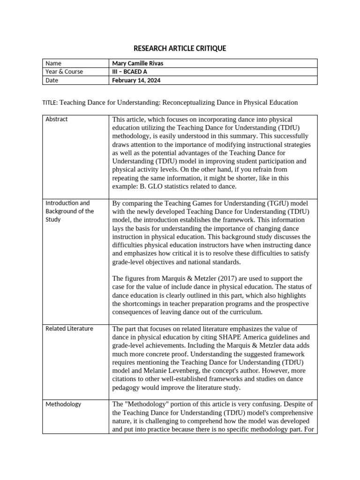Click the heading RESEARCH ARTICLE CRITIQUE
pyautogui.click(x=180, y=48)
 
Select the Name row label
pyautogui.click(x=53, y=63)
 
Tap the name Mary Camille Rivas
pyautogui.click(x=138, y=63)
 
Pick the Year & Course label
pyautogui.click(x=64, y=72)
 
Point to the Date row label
pyautogui.click(x=52, y=80)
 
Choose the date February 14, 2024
pyautogui.click(x=136, y=80)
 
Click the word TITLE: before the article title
pyautogui.click(x=50, y=103)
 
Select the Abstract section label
pyautogui.click(x=57, y=119)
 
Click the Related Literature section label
pyautogui.click(x=69, y=329)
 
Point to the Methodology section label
pyautogui.click(x=63, y=404)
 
